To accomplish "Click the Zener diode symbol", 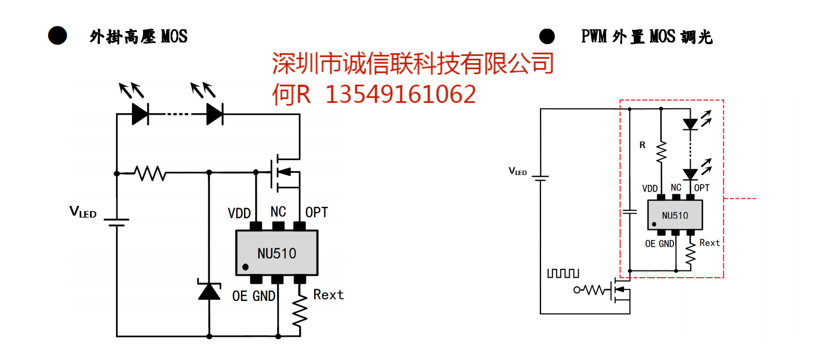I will (x=209, y=291).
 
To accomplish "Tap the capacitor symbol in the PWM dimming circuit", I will (x=629, y=211).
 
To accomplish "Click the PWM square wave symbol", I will (x=563, y=273).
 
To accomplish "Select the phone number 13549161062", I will (x=400, y=94).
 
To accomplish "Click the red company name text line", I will (x=412, y=63).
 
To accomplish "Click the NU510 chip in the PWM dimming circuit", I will (x=675, y=215).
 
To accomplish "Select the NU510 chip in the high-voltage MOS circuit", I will (x=277, y=253).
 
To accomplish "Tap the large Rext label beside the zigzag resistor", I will (x=328, y=295).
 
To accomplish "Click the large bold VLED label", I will (x=82, y=211).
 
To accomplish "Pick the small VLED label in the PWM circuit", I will (x=517, y=172).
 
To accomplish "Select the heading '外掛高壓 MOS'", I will (x=139, y=37).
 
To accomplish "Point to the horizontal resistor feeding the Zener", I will (x=150, y=173).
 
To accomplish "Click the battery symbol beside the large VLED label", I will (x=116, y=222).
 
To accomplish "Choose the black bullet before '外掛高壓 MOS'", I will (x=57, y=36).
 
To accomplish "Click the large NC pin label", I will (x=278, y=212).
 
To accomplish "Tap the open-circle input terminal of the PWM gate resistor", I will (x=577, y=290).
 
